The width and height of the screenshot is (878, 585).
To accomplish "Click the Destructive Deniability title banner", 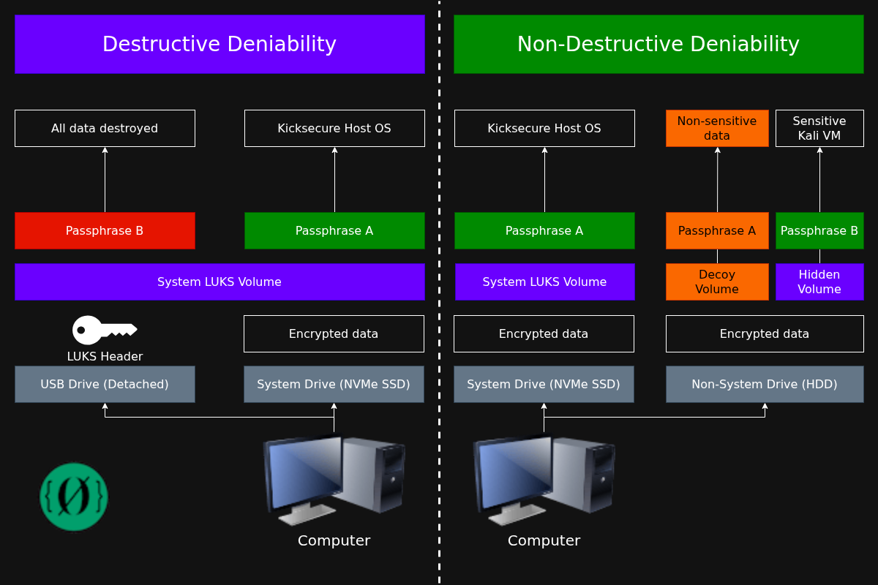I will (x=219, y=44).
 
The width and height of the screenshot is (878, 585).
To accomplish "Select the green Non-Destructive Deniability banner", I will (x=658, y=44).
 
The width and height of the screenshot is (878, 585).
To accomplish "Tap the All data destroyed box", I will (x=105, y=129).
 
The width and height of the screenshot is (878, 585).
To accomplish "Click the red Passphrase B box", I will (x=105, y=231).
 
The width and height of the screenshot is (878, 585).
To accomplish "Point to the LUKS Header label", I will (x=105, y=357).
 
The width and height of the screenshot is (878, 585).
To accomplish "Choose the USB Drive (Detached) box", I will (x=105, y=385).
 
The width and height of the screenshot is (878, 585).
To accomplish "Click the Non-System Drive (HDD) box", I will (x=765, y=385).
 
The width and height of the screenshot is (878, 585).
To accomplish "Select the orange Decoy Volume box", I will (x=717, y=282).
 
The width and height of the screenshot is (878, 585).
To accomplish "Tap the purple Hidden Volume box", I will (x=819, y=282).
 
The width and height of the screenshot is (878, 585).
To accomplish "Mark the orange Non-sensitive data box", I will (x=717, y=129).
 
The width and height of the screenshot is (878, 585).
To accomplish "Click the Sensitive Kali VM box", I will (x=819, y=129).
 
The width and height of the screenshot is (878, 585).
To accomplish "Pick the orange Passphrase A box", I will (x=717, y=231).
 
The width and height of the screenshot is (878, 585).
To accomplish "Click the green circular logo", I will (x=74, y=497).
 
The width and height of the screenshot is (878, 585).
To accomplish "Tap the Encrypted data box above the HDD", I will (x=765, y=334).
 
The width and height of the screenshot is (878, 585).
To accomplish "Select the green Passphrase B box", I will (x=819, y=231).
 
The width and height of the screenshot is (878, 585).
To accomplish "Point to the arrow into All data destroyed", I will (x=105, y=179).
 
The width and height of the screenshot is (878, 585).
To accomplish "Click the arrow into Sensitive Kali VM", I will (x=819, y=179).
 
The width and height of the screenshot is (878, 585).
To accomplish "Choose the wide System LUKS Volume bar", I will (x=219, y=282).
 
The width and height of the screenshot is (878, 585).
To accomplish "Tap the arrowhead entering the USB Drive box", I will (x=105, y=407).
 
